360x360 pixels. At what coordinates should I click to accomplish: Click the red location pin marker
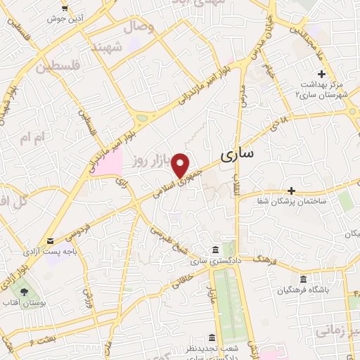point(181,165)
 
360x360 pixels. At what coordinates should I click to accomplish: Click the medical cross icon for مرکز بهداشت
point(322,74)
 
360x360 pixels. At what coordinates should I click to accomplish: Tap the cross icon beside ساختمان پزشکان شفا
point(291,190)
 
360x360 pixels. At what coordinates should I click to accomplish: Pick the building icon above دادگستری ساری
point(214,251)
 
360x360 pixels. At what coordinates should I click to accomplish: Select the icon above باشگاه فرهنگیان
point(303,278)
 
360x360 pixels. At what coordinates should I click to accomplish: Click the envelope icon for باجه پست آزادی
point(51,240)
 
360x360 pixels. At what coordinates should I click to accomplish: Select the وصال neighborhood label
point(139,27)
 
